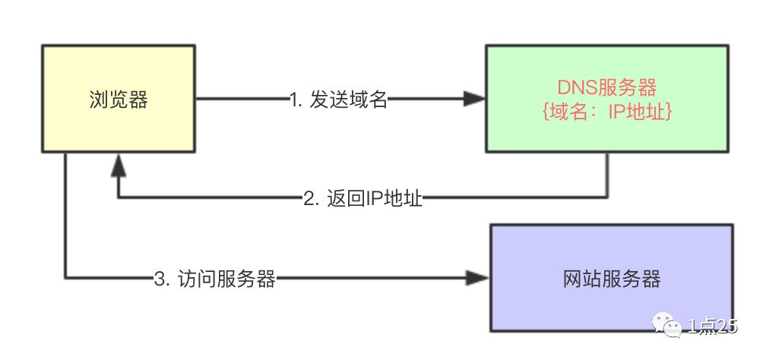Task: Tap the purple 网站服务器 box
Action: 611,278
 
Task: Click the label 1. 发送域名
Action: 339,99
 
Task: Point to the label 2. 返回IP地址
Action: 363,199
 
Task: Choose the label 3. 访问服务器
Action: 214,279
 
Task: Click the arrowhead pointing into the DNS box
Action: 475,99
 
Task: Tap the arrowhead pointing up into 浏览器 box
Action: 118,163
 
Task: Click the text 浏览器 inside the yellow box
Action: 117,99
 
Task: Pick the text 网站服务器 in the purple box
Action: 611,279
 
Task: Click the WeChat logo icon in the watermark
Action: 670,327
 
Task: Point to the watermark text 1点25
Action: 713,327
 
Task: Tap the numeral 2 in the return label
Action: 308,200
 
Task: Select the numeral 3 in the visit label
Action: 159,279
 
